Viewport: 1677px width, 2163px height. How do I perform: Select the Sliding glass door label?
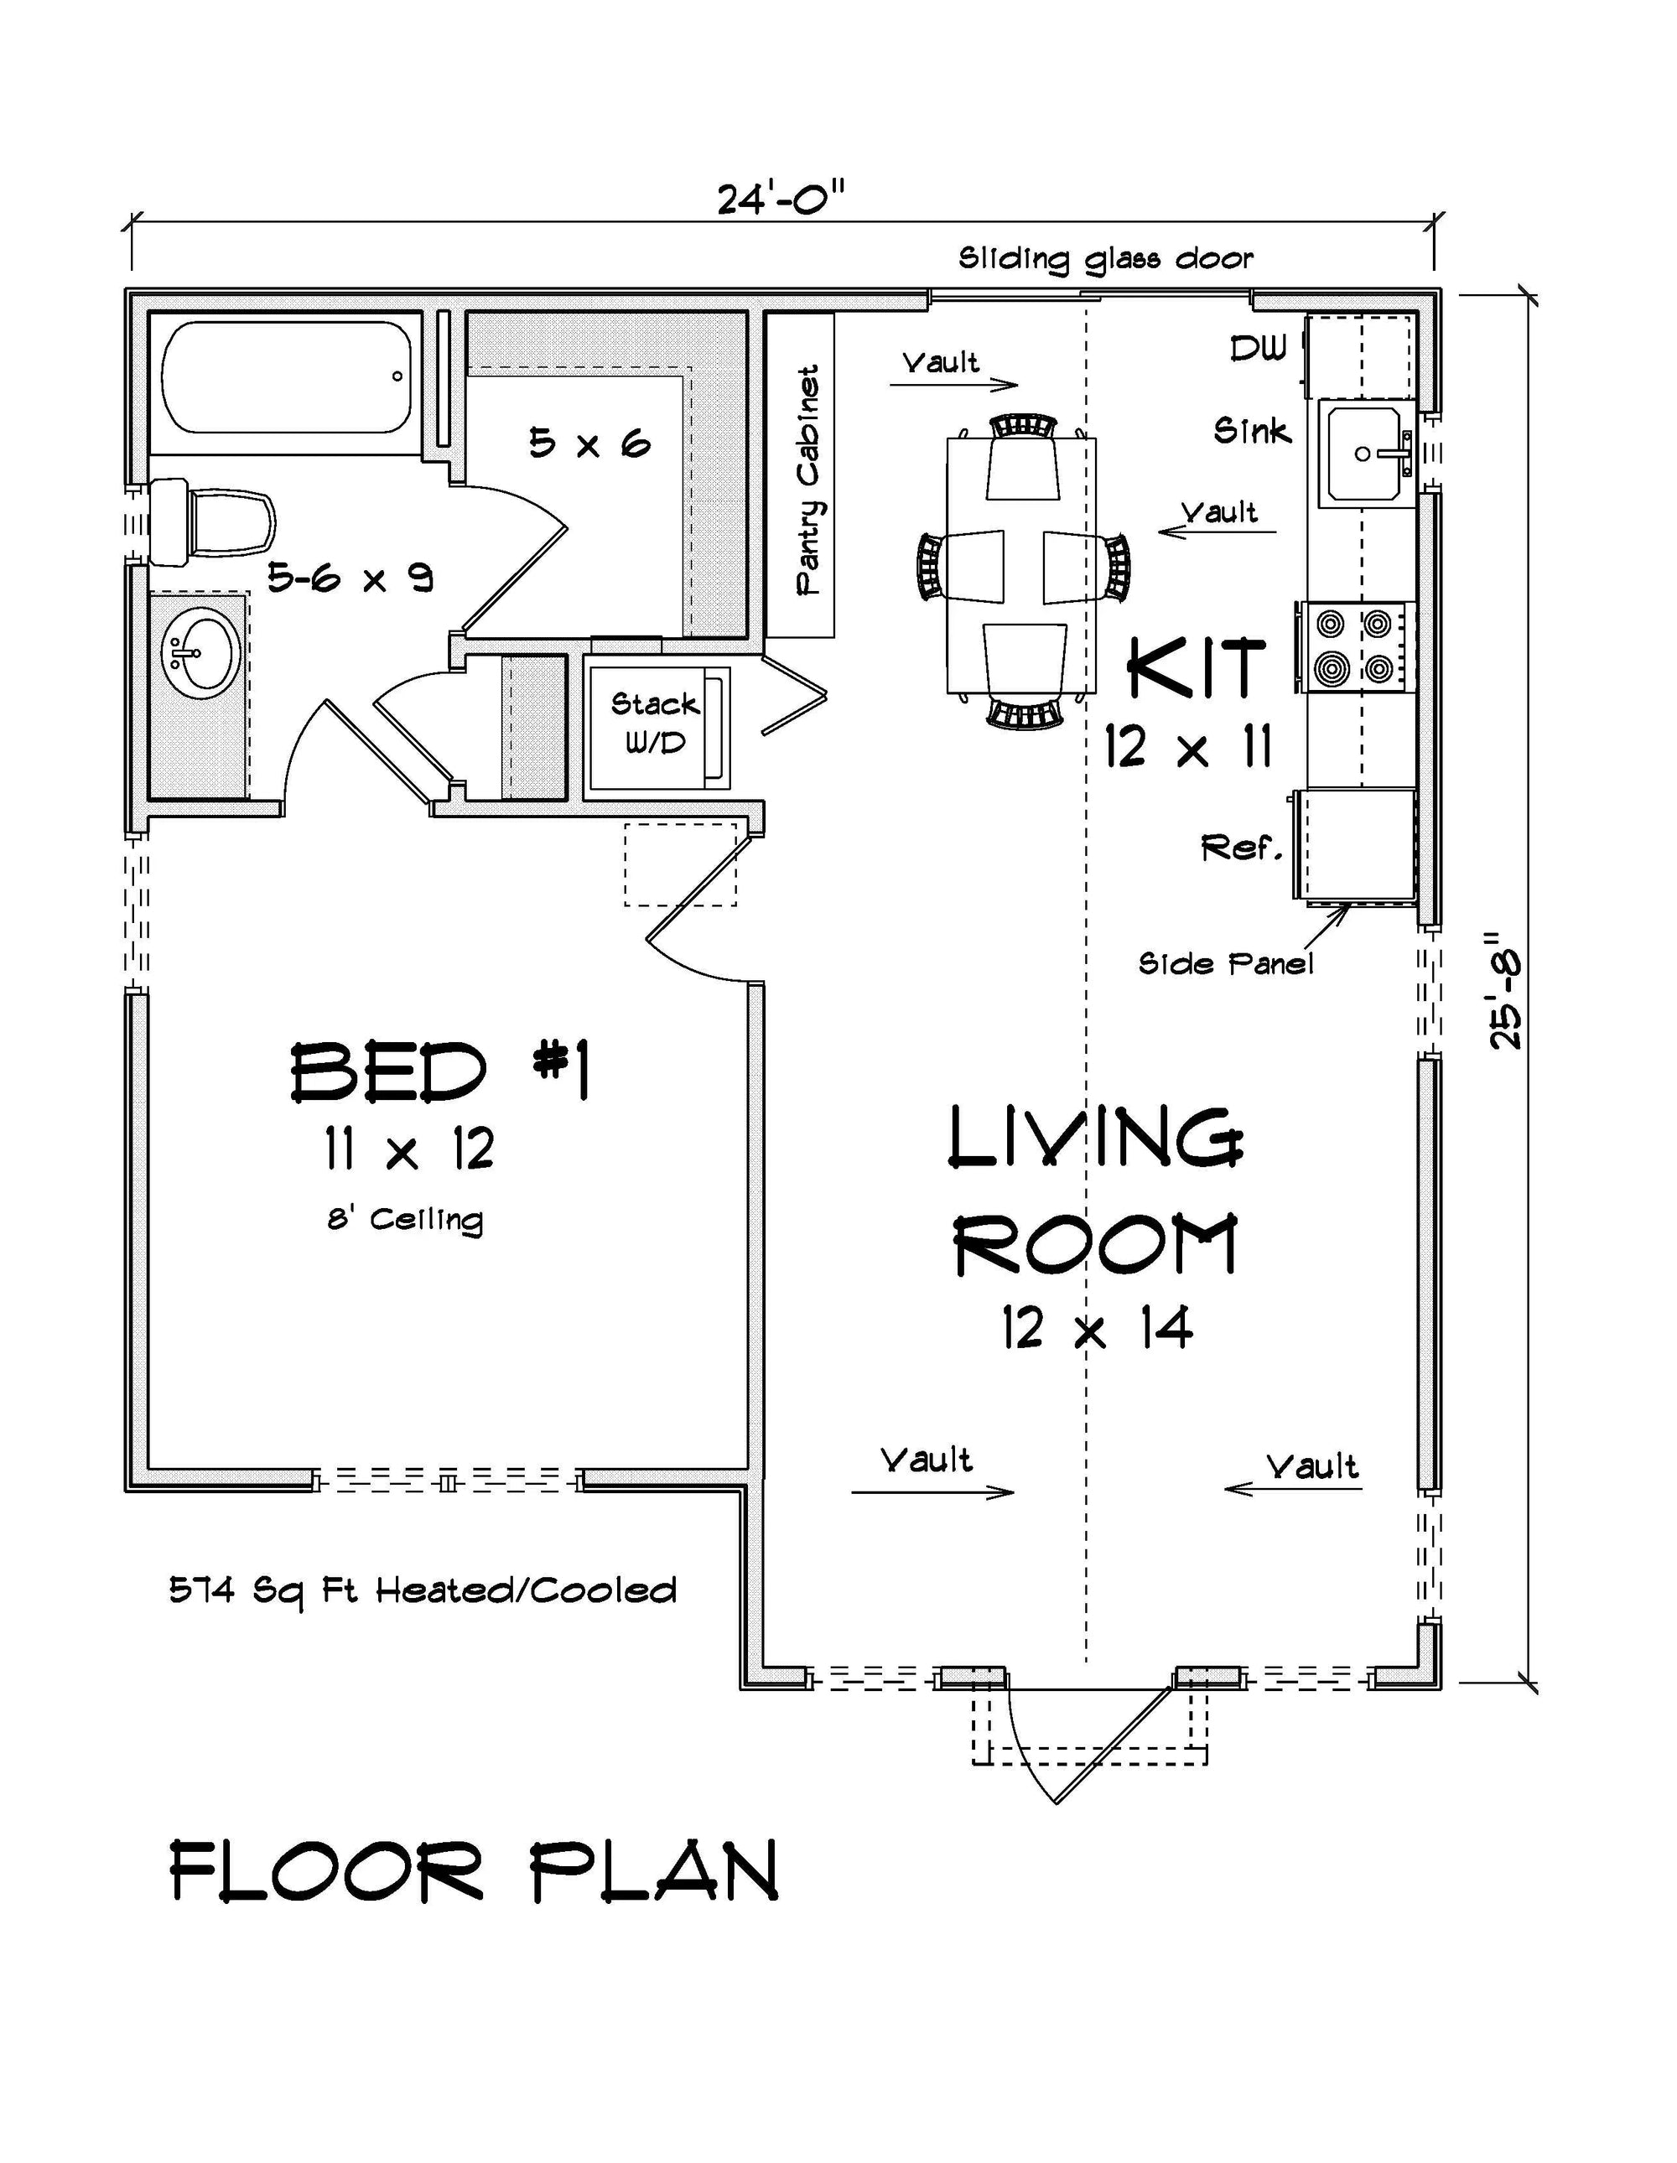click(1105, 260)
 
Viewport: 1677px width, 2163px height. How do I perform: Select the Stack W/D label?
click(655, 723)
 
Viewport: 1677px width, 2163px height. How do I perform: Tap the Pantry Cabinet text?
click(808, 480)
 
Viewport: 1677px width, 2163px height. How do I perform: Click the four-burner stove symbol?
click(1353, 648)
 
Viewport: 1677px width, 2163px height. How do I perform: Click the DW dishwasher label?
click(1258, 348)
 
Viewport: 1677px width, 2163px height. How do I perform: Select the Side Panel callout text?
click(1226, 963)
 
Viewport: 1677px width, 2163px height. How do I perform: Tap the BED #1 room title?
click(440, 1072)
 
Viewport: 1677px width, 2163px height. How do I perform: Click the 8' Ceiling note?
click(406, 1219)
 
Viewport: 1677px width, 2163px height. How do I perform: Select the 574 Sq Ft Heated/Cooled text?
click(423, 1590)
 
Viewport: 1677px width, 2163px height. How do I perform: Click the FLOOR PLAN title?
click(474, 1871)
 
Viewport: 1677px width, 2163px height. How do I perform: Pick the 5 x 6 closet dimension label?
click(589, 443)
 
